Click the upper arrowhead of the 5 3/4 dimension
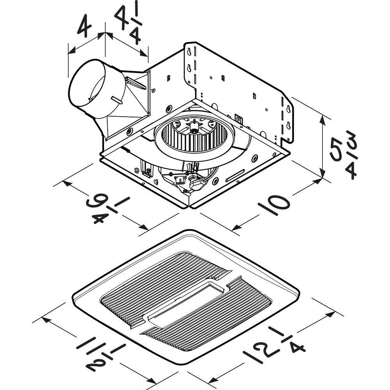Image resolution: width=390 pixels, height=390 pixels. coord(323,117)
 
